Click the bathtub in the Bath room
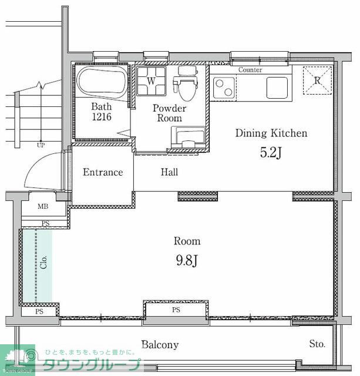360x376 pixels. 102,82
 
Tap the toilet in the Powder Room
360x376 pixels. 187,84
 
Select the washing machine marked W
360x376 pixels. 152,81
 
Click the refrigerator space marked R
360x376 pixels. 317,80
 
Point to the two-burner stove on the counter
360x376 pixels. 224,88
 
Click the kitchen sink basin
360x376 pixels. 277,88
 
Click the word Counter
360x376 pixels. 250,70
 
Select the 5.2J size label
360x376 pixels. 271,153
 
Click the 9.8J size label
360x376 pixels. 187,260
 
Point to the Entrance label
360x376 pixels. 103,172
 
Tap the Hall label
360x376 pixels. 170,172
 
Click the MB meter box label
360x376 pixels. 43,206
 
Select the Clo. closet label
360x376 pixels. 43,262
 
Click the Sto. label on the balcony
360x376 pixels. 317,344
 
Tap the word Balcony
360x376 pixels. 160,345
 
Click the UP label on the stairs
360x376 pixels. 41,145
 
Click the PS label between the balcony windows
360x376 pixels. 176,310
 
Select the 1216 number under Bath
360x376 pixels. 102,117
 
